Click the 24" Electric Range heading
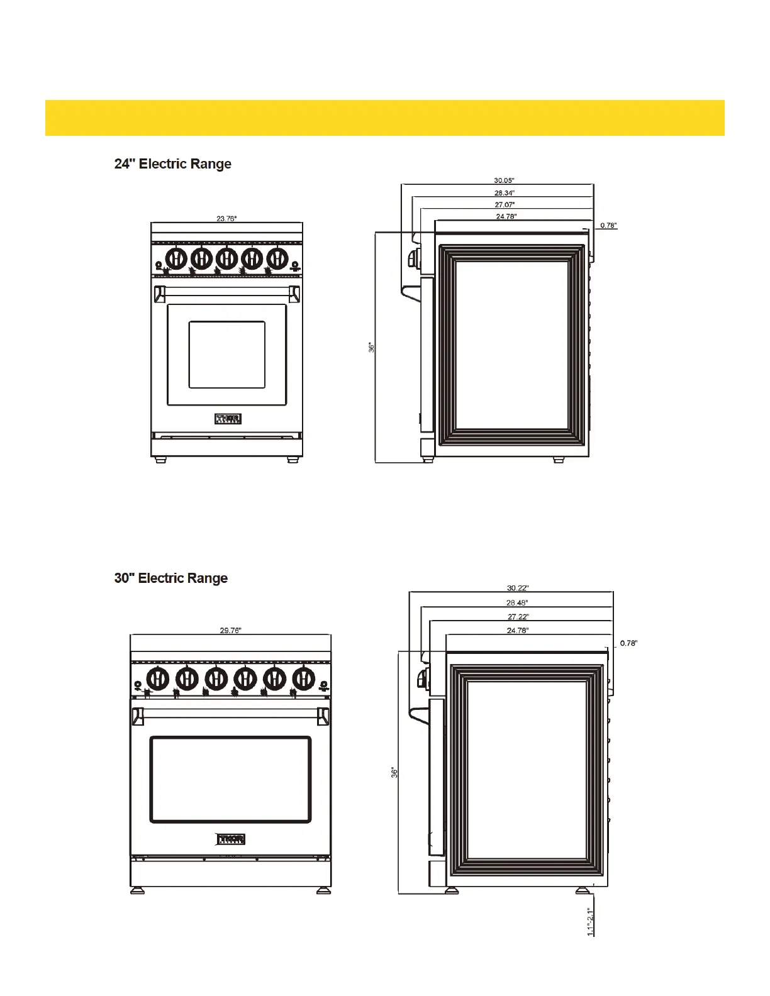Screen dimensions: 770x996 pos(172,164)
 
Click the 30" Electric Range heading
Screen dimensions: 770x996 pos(170,578)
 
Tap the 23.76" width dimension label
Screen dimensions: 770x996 pos(226,219)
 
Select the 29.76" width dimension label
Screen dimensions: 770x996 pos(230,631)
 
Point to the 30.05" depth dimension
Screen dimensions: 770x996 pos(504,181)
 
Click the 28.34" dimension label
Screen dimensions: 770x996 pos(504,193)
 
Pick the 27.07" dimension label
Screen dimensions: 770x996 pos(505,205)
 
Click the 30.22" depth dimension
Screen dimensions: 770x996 pos(518,589)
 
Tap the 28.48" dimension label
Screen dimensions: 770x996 pos(517,603)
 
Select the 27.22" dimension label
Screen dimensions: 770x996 pos(518,617)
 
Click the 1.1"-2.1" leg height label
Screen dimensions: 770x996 pos(591,921)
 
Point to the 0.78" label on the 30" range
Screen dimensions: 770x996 pos(628,643)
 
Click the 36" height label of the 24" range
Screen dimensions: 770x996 pos(372,347)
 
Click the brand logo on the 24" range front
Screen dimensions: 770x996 pos(228,419)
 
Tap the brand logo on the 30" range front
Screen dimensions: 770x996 pos(231,839)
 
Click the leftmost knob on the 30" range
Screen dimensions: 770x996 pos(157,679)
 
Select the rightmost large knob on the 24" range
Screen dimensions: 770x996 pos(277,258)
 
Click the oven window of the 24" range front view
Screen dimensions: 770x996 pos(227,355)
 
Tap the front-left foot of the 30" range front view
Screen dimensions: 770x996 pos(137,890)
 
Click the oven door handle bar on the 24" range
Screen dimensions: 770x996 pos(227,290)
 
